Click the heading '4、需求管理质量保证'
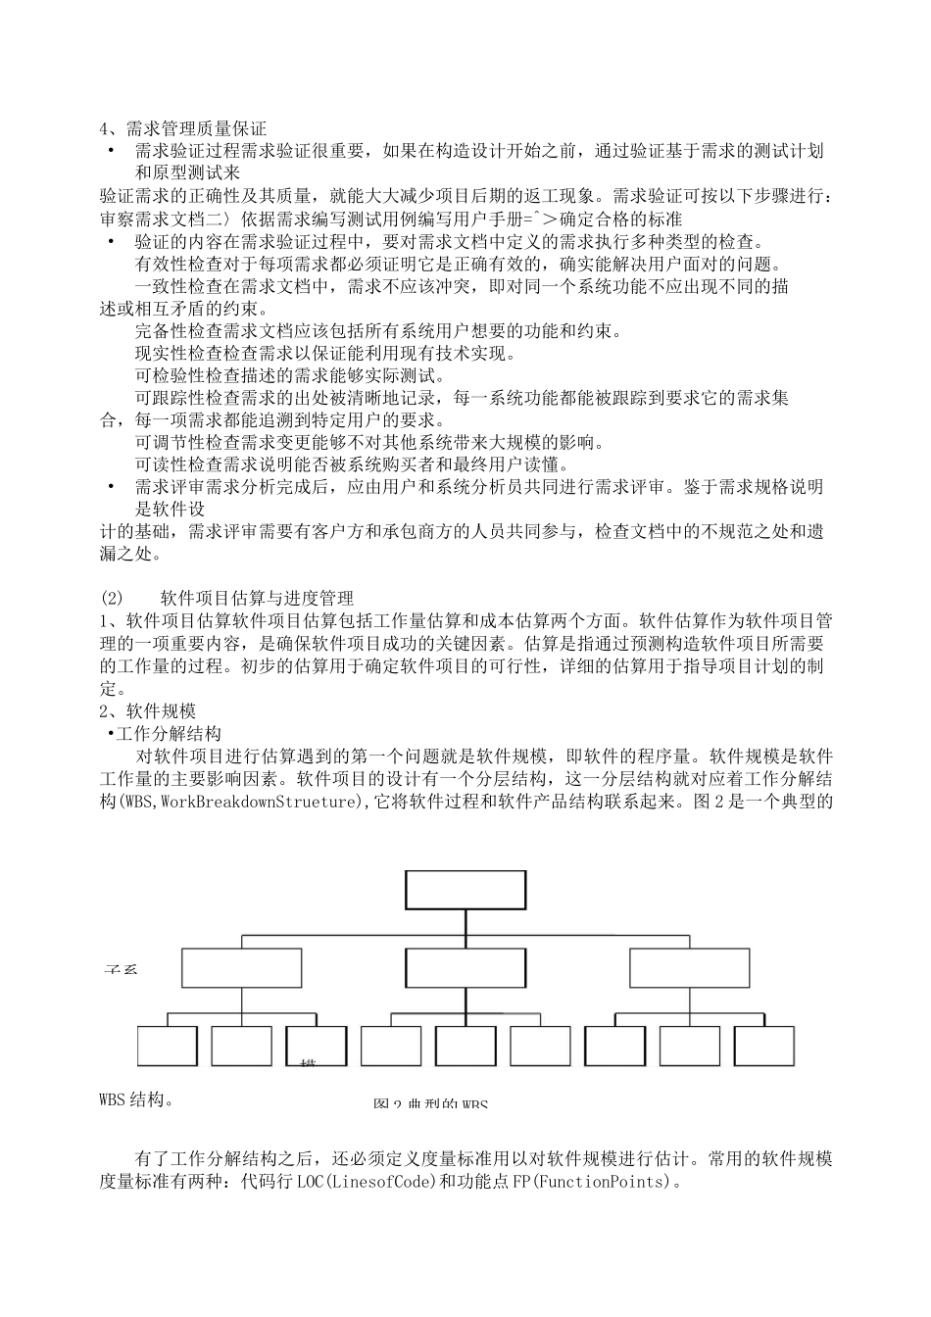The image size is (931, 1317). point(183,128)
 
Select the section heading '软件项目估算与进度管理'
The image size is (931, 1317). point(270,597)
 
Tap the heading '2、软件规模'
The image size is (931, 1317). point(148,710)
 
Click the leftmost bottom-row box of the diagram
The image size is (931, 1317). point(167,1046)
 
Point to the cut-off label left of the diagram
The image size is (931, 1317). point(121,969)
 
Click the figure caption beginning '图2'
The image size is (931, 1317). point(430,1103)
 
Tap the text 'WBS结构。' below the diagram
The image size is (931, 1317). point(137,1098)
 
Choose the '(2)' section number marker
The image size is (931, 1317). point(112,597)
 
